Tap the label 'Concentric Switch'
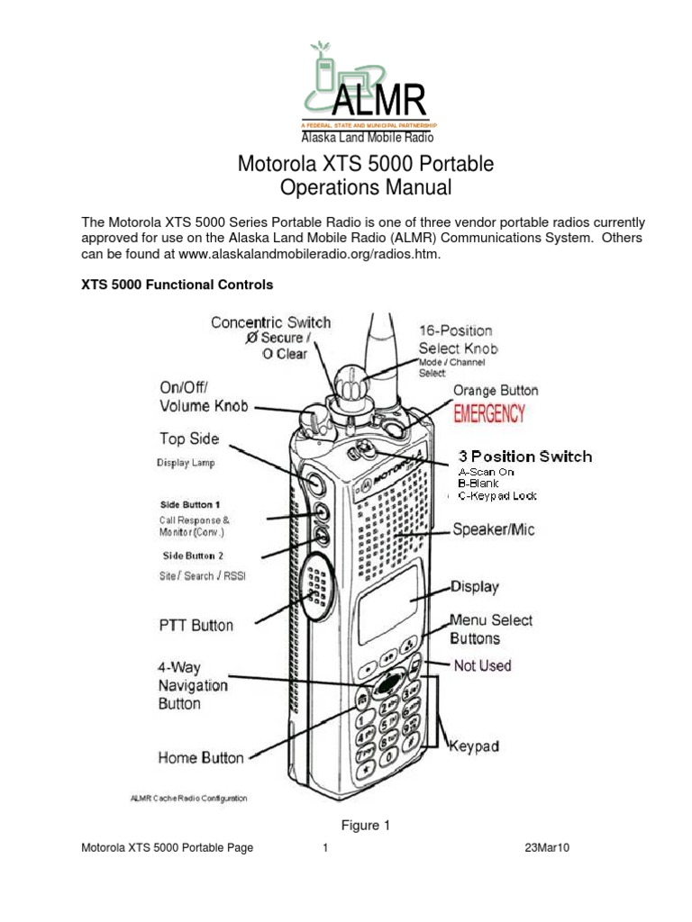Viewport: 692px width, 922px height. click(270, 322)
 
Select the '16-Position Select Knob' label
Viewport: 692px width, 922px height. click(458, 339)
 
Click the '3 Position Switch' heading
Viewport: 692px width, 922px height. click(525, 456)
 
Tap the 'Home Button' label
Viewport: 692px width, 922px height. click(201, 758)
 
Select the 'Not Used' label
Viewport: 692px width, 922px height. click(482, 665)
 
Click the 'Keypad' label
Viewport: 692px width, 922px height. click(474, 746)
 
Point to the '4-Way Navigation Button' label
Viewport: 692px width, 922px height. click(193, 685)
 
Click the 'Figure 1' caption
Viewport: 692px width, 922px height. click(366, 826)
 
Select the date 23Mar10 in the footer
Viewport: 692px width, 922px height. click(548, 848)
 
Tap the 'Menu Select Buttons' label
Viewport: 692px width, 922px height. click(491, 629)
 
